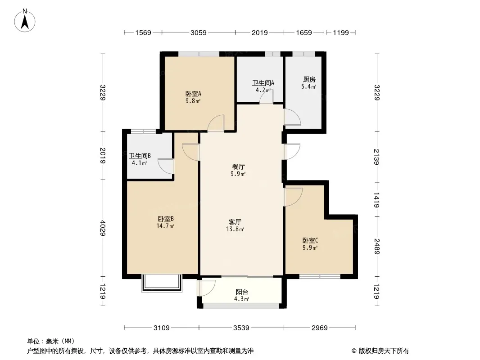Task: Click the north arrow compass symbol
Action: [x=25, y=21]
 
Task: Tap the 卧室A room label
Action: [x=193, y=94]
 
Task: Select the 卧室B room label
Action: [x=166, y=219]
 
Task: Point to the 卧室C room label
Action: [x=310, y=241]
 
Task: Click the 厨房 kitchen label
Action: [x=309, y=80]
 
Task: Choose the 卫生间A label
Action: [x=263, y=83]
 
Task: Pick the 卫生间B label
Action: [x=140, y=156]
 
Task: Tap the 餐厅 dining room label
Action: [x=239, y=166]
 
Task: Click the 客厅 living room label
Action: [x=235, y=222]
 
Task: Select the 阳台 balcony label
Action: [x=242, y=292]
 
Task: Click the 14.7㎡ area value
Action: [x=165, y=226]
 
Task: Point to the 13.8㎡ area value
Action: [x=235, y=229]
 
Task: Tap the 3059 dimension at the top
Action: [x=199, y=33]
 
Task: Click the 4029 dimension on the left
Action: [x=103, y=228]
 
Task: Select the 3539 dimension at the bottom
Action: [x=241, y=328]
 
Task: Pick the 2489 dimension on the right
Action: [x=376, y=247]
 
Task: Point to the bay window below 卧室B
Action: [x=162, y=283]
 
